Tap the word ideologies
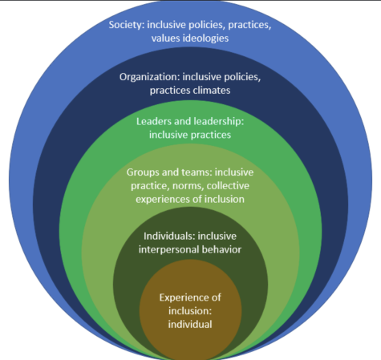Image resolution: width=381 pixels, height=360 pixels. point(205,38)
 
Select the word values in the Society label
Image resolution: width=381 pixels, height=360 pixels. point(166,38)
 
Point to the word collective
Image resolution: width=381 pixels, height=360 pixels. point(228,186)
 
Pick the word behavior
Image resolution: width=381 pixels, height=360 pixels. point(221,249)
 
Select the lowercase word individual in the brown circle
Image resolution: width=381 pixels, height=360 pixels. point(190,325)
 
